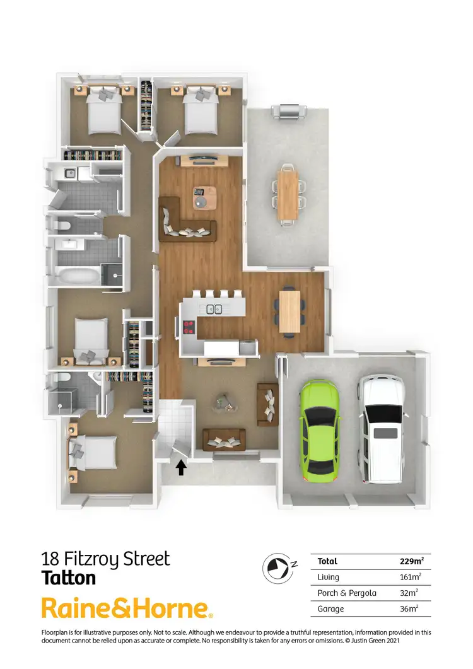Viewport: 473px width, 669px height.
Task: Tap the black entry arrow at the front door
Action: coord(182,467)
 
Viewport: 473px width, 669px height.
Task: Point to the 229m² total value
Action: coord(411,561)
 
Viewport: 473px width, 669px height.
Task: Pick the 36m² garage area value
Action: coord(409,608)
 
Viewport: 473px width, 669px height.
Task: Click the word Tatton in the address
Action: coord(68,578)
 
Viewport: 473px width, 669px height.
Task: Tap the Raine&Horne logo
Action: coord(126,608)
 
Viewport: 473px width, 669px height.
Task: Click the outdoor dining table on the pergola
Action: coord(288,194)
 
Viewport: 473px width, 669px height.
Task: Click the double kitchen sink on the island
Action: coord(214,309)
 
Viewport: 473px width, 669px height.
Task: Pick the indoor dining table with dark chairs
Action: coord(289,310)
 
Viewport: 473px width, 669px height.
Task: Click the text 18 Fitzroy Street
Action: coord(105,559)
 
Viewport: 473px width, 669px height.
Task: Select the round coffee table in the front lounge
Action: coord(224,401)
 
